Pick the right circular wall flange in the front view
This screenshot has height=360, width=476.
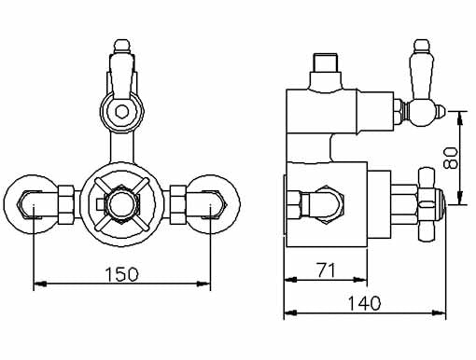(215, 199)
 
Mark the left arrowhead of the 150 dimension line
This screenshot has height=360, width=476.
(37, 284)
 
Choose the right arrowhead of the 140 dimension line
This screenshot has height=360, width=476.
(450, 313)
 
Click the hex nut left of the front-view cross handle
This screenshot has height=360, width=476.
(66, 199)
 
